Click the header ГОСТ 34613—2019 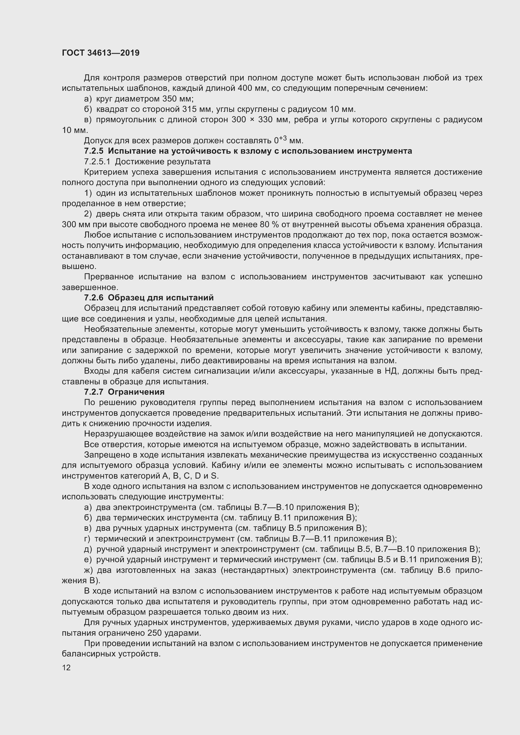coord(101,53)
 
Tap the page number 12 coord(66,667)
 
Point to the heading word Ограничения coord(136,392)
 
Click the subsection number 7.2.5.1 coord(97,162)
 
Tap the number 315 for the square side coord(189,109)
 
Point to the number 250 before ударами coord(155,633)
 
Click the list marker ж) coord(89,570)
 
